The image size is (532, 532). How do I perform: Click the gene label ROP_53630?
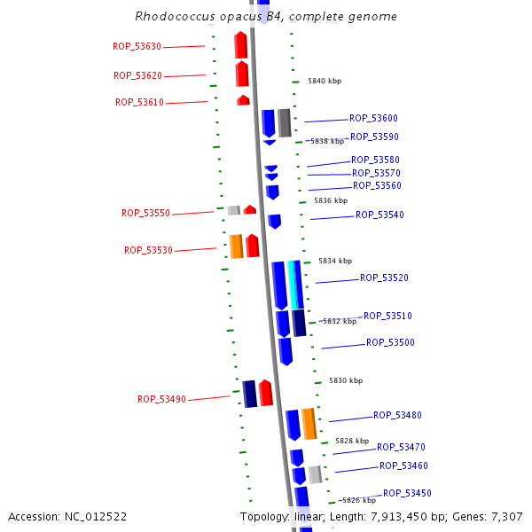click(137, 46)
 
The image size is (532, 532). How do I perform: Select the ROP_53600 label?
click(373, 118)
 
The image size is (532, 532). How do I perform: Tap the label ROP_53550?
click(145, 213)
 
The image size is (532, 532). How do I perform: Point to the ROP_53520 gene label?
click(384, 278)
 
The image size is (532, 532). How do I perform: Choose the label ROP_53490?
click(161, 399)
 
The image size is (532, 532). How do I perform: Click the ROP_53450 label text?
click(407, 493)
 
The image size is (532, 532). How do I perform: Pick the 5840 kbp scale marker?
click(325, 81)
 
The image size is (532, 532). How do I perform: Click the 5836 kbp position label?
click(331, 200)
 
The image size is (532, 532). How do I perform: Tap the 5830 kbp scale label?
click(346, 380)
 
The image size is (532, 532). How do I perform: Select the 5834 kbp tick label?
click(335, 261)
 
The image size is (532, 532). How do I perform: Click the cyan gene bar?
click(293, 285)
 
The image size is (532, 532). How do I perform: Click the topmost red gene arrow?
click(240, 44)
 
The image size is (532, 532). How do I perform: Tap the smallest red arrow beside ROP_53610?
click(243, 100)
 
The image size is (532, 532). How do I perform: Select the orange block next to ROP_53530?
click(236, 246)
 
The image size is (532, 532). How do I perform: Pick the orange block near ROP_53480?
click(309, 423)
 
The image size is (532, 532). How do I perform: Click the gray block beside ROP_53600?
click(284, 122)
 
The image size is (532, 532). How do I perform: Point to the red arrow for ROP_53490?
click(265, 393)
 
